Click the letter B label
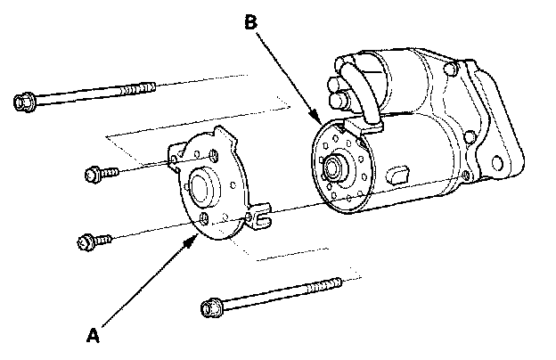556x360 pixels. (251, 25)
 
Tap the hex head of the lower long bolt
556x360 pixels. (211, 309)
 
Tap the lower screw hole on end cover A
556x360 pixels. (206, 218)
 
